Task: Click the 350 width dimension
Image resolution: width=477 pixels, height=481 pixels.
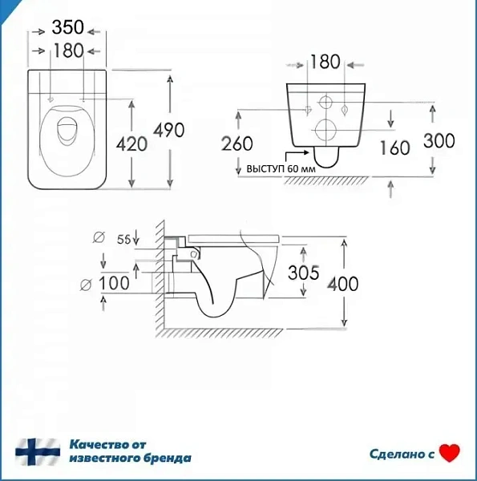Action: point(68,27)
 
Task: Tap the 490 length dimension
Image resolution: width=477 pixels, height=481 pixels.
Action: point(168,130)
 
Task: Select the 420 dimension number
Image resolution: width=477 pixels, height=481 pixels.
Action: point(131,143)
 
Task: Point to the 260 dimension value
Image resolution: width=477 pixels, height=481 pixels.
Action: point(237,143)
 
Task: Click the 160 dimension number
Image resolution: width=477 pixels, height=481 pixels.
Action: point(395,148)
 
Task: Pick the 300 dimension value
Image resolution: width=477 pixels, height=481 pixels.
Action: point(439,141)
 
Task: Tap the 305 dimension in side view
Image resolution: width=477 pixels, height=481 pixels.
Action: point(304,273)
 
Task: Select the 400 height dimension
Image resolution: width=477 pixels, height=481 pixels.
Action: point(343,284)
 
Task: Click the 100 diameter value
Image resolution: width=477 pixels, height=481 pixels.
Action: point(114,283)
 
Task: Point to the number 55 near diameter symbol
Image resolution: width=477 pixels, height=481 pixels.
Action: point(124,239)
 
